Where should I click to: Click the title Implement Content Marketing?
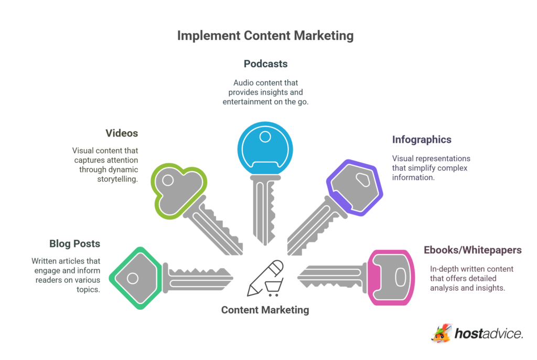point(265,36)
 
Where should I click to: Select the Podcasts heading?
point(265,64)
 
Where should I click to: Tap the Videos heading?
point(122,133)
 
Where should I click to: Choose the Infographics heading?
point(422,140)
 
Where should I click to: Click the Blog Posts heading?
point(74,243)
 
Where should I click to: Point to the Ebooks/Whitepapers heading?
point(472,250)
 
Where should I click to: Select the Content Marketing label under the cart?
point(265,310)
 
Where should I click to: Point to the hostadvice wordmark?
point(488,334)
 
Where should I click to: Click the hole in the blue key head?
point(265,137)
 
